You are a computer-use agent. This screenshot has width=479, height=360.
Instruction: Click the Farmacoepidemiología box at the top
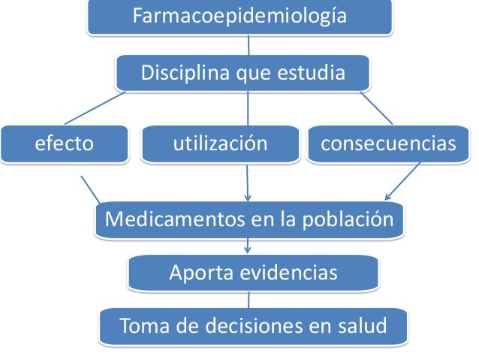239,16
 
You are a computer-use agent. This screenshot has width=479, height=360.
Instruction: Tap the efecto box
65,144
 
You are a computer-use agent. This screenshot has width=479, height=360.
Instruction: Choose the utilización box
220,144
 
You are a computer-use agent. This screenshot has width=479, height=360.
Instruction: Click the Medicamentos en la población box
249,220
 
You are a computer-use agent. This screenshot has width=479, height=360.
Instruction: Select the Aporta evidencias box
253,274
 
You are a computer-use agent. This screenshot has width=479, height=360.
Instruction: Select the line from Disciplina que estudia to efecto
95,107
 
